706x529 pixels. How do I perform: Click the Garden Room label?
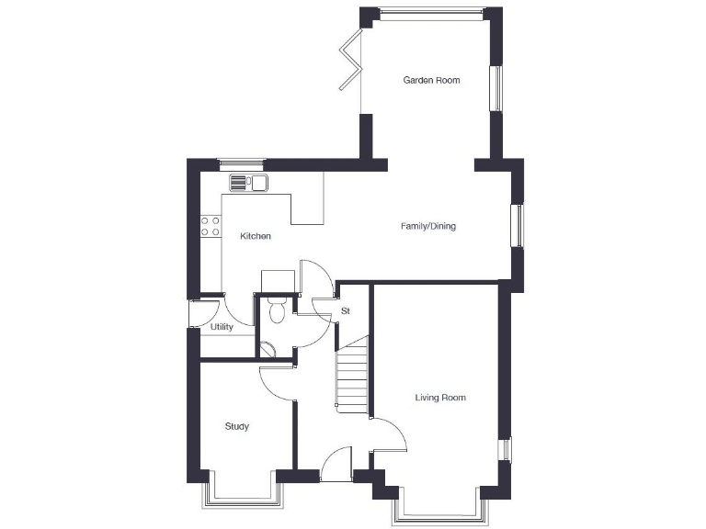(431, 81)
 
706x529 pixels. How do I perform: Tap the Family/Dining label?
(427, 226)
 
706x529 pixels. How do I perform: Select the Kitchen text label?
(256, 237)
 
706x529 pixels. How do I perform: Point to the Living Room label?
(440, 398)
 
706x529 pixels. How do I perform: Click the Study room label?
(237, 426)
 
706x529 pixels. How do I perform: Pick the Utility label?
(222, 327)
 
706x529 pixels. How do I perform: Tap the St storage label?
(346, 311)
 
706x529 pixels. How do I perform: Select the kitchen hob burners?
(211, 226)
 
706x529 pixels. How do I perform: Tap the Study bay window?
(241, 494)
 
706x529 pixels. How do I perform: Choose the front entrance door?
(336, 465)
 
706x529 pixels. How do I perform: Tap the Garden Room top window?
(431, 12)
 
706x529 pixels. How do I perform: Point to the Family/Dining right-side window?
(518, 225)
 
